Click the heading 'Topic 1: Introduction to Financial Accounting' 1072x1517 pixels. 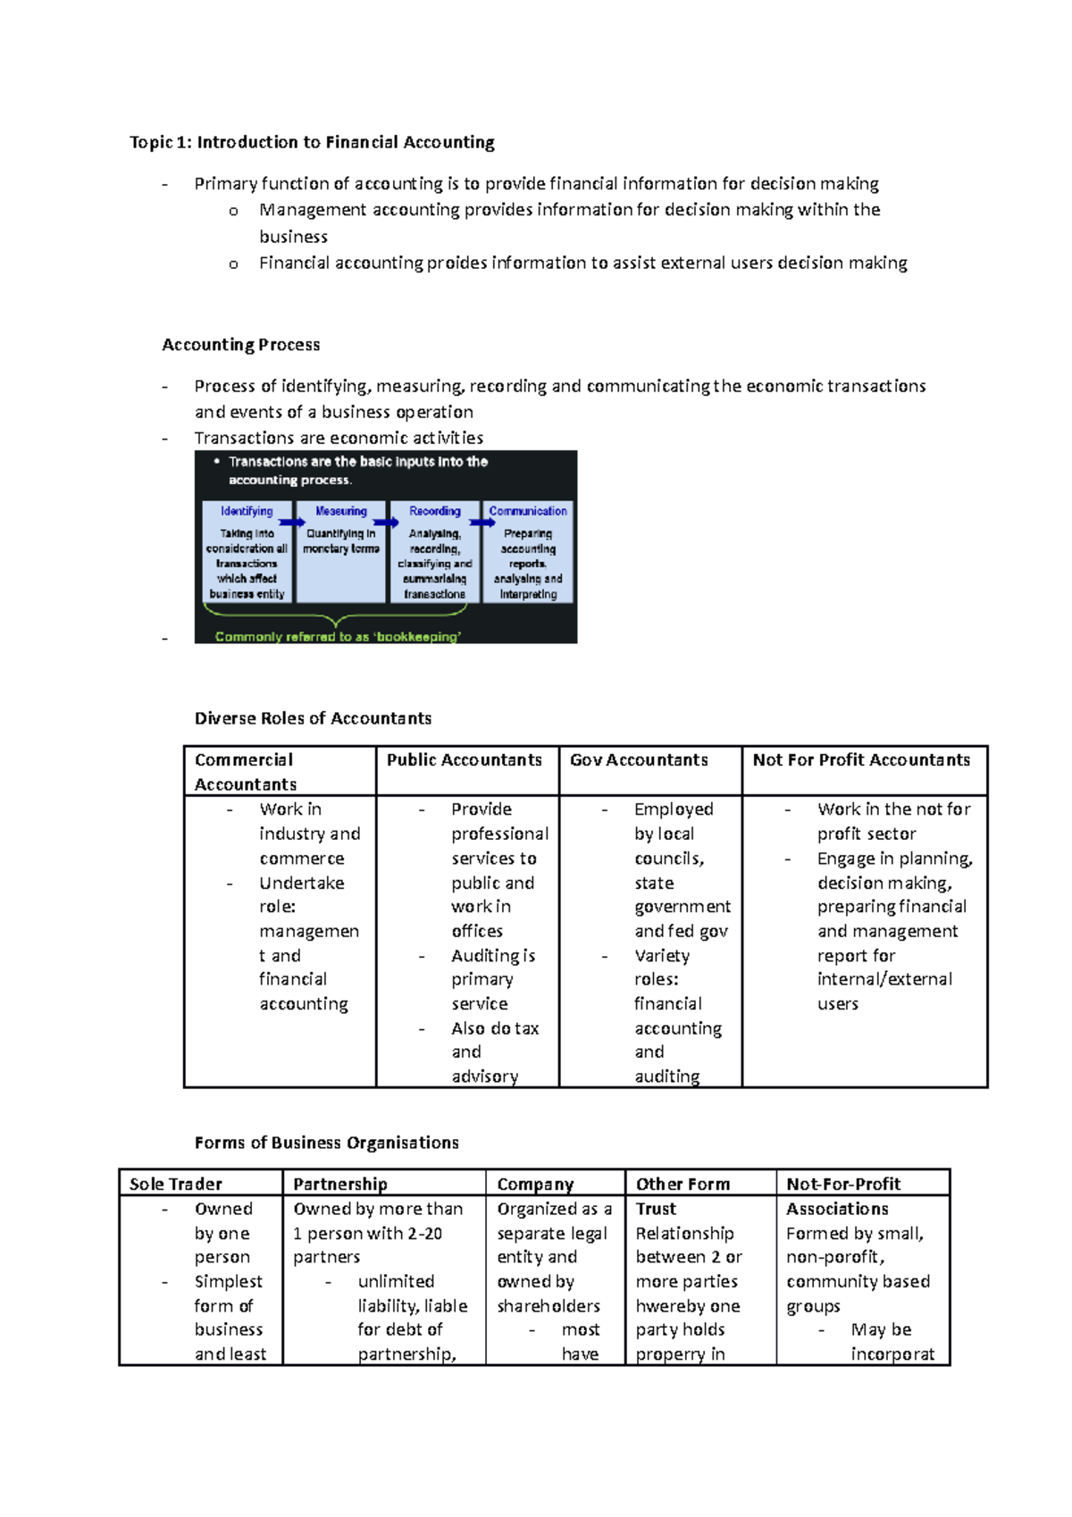click(x=312, y=142)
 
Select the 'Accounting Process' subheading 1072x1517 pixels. click(x=240, y=345)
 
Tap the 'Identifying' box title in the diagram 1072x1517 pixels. click(x=247, y=511)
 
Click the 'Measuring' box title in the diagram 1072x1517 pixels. click(x=341, y=511)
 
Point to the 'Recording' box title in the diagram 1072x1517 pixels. click(x=435, y=511)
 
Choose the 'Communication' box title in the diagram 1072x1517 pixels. click(x=528, y=511)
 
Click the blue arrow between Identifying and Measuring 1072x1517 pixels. click(x=291, y=523)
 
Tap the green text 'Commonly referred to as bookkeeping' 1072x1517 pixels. click(x=338, y=637)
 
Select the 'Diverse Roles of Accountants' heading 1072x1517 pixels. click(x=313, y=718)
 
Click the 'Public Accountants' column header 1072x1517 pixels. click(x=464, y=760)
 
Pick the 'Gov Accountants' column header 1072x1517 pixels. click(x=639, y=760)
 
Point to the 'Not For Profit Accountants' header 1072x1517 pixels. click(x=861, y=760)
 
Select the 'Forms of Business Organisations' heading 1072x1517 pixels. click(x=326, y=1143)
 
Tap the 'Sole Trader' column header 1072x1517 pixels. click(x=175, y=1184)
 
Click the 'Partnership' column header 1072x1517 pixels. click(x=339, y=1184)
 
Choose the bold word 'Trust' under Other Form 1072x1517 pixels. click(x=656, y=1209)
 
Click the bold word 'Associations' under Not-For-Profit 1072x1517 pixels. click(x=837, y=1209)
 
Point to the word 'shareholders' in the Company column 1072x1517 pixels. click(x=549, y=1306)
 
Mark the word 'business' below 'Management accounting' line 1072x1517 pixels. click(x=293, y=237)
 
